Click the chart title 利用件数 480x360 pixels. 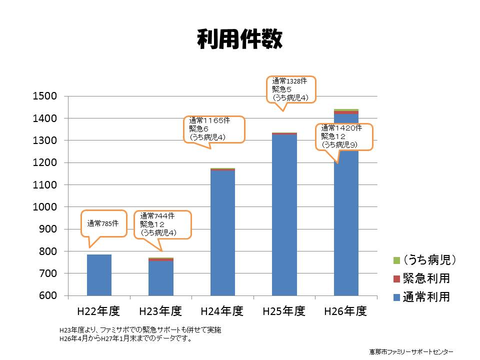click(x=239, y=39)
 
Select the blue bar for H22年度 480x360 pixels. click(x=99, y=275)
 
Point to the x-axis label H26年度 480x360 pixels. click(x=345, y=311)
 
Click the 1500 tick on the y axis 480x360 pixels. click(x=44, y=96)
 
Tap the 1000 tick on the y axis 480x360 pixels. click(x=44, y=207)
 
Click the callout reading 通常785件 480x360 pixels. click(x=104, y=223)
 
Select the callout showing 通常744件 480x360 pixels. click(x=163, y=224)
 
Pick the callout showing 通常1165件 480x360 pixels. click(x=213, y=129)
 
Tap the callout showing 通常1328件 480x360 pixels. click(x=291, y=89)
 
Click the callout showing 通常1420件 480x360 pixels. click(x=345, y=136)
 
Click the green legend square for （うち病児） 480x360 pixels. click(x=397, y=260)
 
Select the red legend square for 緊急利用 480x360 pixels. click(x=397, y=278)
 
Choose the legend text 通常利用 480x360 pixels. click(x=427, y=297)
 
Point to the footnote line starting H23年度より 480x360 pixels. click(x=140, y=330)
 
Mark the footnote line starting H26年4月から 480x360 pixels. click(x=126, y=338)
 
